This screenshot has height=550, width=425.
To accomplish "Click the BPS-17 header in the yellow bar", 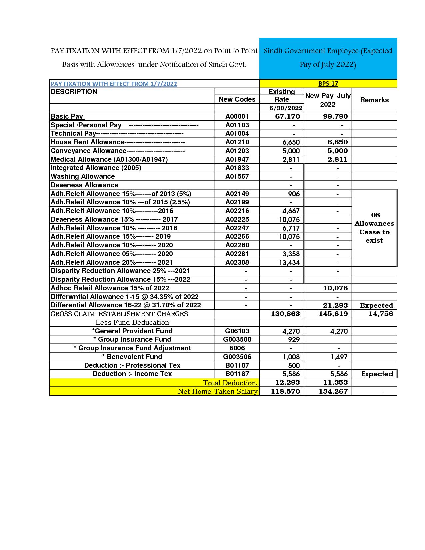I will point(328,84).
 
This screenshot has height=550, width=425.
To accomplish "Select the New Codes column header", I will point(237,99).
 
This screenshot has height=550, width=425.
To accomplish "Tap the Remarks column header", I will point(374,100).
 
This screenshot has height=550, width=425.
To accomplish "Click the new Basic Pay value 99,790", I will point(335,116).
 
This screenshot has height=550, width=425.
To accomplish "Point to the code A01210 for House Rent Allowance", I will point(237,142).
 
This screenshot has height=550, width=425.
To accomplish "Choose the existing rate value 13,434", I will point(289,263).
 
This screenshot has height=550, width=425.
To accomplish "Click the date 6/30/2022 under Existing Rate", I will point(286,108).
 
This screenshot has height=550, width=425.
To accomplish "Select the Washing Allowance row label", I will point(83,176).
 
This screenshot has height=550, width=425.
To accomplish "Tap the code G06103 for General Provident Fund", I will point(237,331).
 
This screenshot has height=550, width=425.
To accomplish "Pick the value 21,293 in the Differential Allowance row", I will point(335,305).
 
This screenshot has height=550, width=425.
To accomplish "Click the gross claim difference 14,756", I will point(381,314).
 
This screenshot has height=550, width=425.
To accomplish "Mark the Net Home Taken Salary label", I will point(218,391).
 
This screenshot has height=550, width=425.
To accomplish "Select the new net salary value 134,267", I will point(333,391).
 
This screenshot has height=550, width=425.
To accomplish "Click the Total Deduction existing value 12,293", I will point(288,382).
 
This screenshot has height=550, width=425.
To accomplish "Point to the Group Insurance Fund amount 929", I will point(294,340).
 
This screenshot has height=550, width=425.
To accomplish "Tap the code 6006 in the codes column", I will point(237,348).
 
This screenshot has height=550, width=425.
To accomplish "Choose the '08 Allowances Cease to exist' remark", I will point(374,228).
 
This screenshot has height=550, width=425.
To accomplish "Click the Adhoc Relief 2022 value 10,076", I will point(335,288).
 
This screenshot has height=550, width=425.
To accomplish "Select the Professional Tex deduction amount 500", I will point(294,365).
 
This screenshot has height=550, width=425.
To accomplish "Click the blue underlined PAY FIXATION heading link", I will point(114,84).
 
